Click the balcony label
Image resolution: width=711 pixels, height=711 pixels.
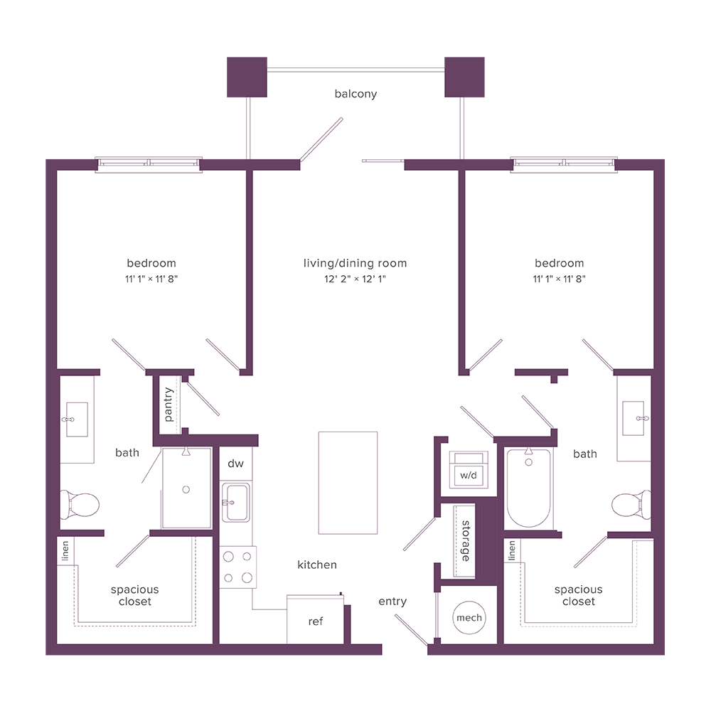click(355, 94)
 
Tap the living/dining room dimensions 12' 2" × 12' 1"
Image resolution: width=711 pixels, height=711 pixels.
click(355, 279)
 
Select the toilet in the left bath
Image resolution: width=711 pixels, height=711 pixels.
click(80, 505)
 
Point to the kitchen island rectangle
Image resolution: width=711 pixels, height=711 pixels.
click(348, 482)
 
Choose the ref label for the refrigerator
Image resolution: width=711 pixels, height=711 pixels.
click(316, 621)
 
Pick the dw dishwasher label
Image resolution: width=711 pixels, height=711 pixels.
click(235, 464)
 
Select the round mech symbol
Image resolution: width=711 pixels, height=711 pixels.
click(469, 617)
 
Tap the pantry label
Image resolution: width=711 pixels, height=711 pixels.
click(169, 404)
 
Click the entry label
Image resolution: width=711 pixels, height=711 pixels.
click(392, 602)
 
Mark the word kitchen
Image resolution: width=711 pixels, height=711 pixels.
click(317, 565)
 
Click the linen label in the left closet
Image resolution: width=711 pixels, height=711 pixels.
click(65, 550)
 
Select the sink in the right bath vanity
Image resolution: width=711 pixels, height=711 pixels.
click(633, 419)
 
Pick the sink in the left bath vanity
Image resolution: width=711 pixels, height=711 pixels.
click(75, 419)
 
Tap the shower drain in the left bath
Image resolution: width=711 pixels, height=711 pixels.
click(186, 489)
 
